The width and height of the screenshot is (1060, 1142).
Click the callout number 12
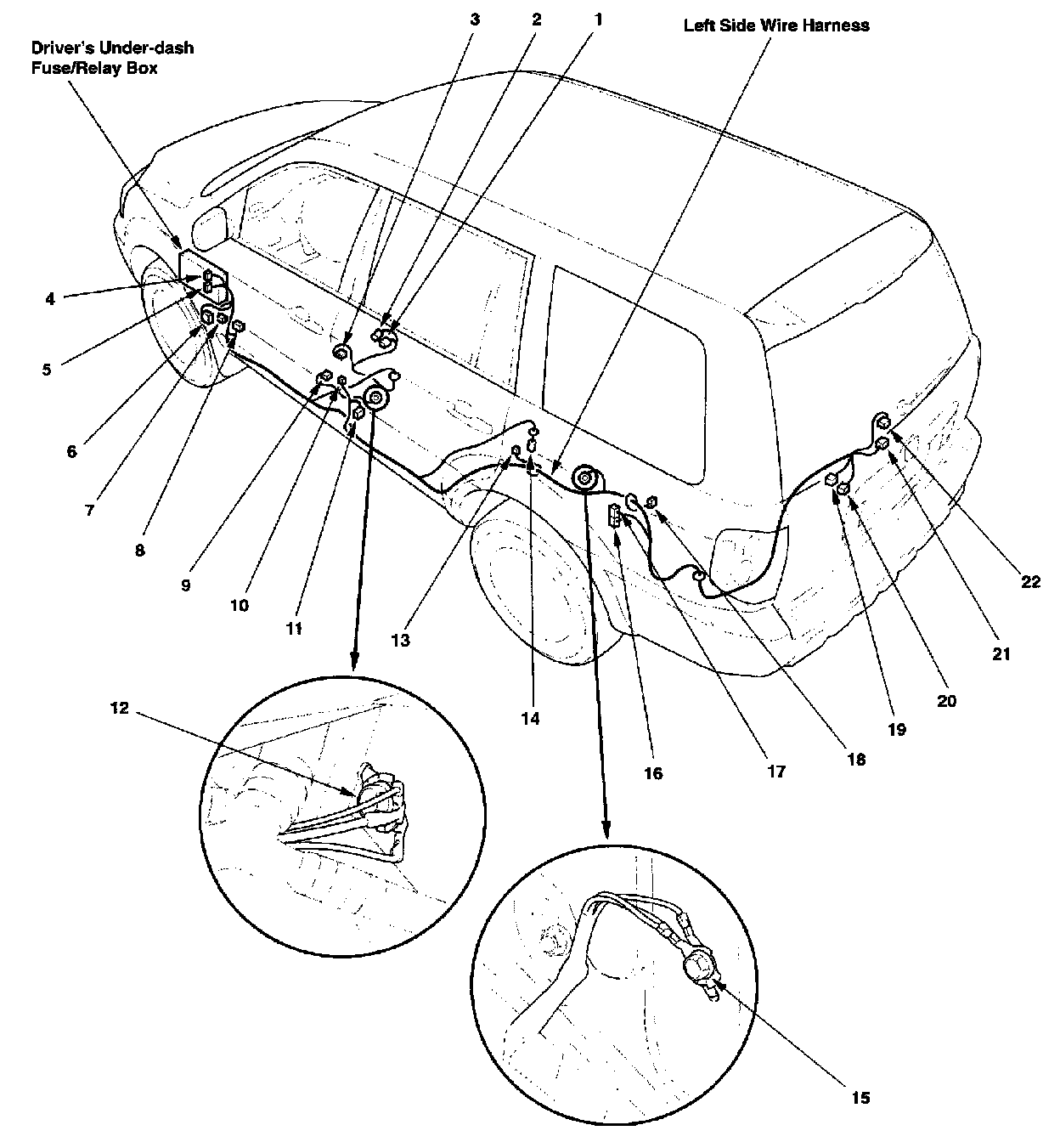[x=120, y=708]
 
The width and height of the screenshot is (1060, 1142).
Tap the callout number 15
[x=860, y=1098]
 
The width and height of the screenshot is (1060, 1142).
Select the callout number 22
[x=1030, y=582]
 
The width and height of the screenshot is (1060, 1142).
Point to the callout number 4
[x=50, y=299]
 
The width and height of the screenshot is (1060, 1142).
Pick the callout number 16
[x=653, y=773]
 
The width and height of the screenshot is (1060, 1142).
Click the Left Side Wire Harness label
[x=776, y=25]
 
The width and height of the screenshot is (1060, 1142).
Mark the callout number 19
[x=897, y=729]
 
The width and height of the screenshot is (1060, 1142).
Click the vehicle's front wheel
[x=183, y=323]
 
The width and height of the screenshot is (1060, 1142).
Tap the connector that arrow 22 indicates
[x=883, y=421]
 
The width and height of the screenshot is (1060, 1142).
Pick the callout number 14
[x=530, y=718]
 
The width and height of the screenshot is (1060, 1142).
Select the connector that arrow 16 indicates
[x=613, y=514]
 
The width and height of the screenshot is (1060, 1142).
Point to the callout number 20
[x=946, y=701]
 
